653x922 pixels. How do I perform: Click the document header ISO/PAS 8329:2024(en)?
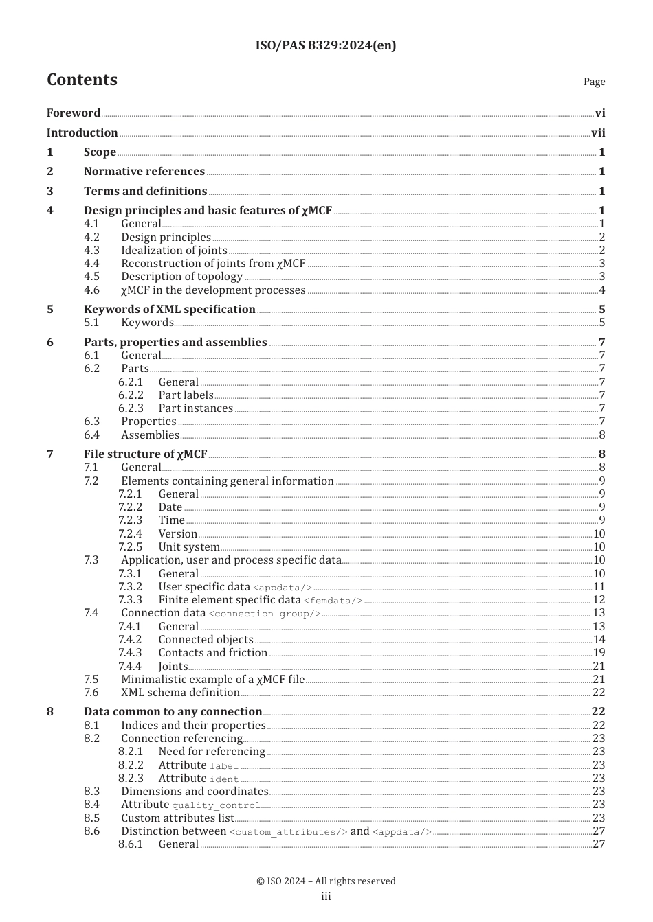326,45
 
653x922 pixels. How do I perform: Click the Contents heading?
82,80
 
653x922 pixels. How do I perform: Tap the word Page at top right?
594,82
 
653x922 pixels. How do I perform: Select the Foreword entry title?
74,113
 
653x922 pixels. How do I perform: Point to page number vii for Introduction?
598,133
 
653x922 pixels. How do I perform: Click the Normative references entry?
144,172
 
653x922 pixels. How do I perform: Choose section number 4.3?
91,251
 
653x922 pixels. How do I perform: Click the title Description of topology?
181,277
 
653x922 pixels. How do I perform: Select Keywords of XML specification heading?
169,310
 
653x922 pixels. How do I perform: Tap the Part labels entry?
186,395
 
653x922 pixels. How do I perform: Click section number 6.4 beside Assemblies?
91,435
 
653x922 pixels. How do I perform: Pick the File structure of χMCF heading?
145,454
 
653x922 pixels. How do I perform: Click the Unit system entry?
189,547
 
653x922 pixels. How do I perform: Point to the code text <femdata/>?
333,601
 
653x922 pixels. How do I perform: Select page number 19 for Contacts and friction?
599,653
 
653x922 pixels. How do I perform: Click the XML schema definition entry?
180,693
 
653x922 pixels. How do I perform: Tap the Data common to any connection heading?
173,712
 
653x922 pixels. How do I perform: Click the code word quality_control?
216,805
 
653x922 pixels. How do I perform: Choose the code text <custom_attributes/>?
288,832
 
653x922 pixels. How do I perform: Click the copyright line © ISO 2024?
326,881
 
